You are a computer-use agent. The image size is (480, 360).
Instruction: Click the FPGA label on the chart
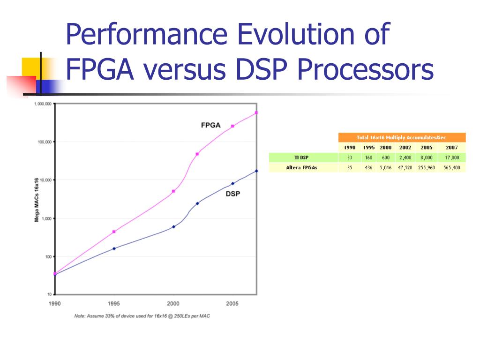(x=208, y=125)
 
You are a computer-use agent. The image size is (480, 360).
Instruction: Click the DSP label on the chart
(x=232, y=193)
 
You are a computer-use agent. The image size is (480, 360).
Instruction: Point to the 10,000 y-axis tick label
(x=44, y=180)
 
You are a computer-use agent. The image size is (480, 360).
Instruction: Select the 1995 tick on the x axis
(x=114, y=304)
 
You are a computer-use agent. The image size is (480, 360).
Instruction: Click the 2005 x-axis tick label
(x=232, y=304)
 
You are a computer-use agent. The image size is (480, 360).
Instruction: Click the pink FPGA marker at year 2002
(x=197, y=154)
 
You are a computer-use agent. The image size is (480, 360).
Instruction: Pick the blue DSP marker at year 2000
(x=173, y=226)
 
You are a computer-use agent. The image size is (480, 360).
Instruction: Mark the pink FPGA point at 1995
(x=114, y=232)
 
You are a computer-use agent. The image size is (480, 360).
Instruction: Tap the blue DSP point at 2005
(x=232, y=183)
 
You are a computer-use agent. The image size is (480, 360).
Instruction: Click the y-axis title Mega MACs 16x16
(x=37, y=200)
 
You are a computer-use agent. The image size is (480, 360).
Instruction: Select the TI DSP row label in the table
(x=301, y=157)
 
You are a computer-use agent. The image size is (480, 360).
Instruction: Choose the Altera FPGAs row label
(x=301, y=167)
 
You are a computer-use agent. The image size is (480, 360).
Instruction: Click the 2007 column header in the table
(x=452, y=147)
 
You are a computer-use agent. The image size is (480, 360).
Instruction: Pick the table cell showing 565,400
(x=452, y=167)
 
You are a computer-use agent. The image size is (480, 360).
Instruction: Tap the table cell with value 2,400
(x=405, y=157)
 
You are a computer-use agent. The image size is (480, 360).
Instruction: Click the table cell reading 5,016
(x=385, y=167)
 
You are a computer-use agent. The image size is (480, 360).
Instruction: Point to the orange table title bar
(x=402, y=137)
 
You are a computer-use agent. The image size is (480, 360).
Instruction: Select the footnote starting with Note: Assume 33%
(x=142, y=316)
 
